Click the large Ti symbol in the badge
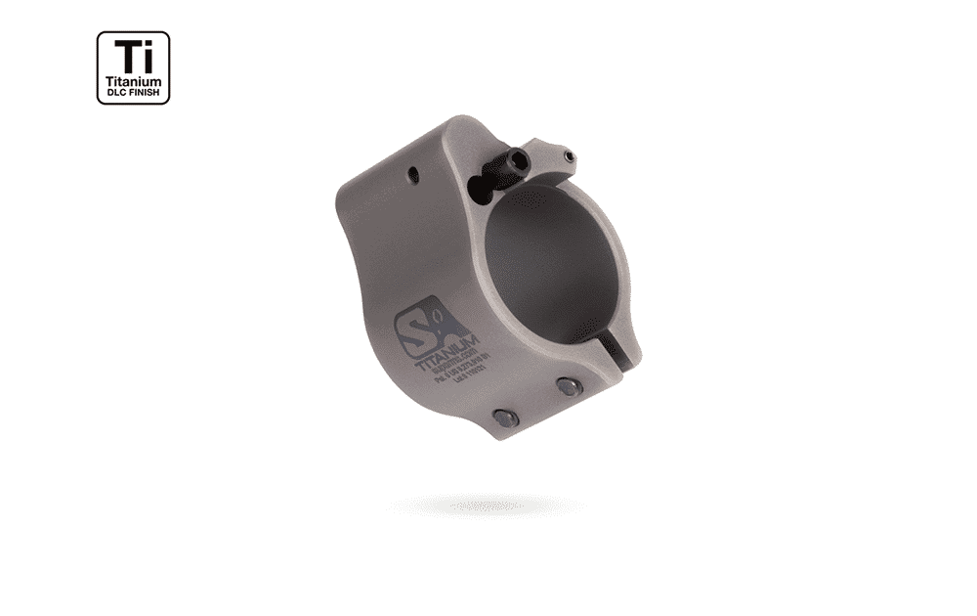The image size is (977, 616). [133, 56]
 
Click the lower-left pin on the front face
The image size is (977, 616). [505, 418]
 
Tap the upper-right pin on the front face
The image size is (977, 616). [569, 387]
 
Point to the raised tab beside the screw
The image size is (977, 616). [547, 156]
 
